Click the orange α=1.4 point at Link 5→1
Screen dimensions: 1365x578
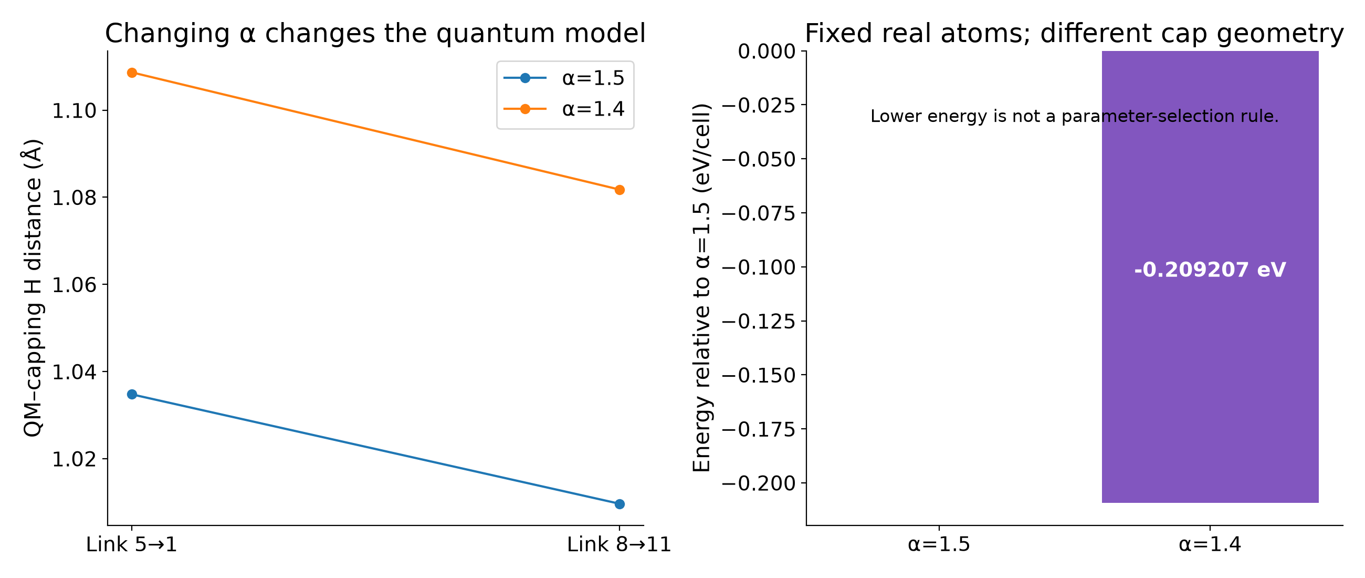coord(132,73)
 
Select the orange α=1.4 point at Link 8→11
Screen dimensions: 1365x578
coord(619,190)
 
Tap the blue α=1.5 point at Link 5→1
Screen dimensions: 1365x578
coord(132,394)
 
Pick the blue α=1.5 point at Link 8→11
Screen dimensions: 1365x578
coord(619,504)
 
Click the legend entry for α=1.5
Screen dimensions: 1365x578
coord(564,78)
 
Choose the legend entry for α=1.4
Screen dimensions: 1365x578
coord(564,109)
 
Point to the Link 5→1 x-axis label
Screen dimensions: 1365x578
coord(132,544)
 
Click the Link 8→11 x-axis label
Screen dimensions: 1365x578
coord(619,544)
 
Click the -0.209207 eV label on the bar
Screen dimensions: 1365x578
coord(1210,270)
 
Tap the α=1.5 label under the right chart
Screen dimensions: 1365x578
coord(939,544)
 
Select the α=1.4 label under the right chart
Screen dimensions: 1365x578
coord(1210,544)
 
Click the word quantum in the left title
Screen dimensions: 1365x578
coord(485,34)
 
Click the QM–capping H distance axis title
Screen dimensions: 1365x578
coord(33,288)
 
